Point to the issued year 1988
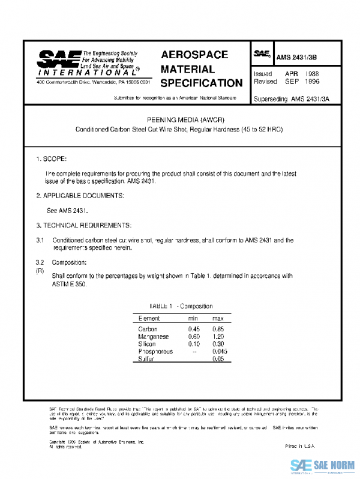pos(312,73)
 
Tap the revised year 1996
pos(312,81)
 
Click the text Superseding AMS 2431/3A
pos(292,99)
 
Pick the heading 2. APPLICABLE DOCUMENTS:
pos(80,196)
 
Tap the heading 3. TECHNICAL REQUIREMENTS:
pos(83,225)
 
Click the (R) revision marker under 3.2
pos(40,271)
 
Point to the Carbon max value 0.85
pos(218,329)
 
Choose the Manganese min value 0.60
pos(194,337)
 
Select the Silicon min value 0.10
pos(194,344)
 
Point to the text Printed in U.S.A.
pos(299,447)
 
